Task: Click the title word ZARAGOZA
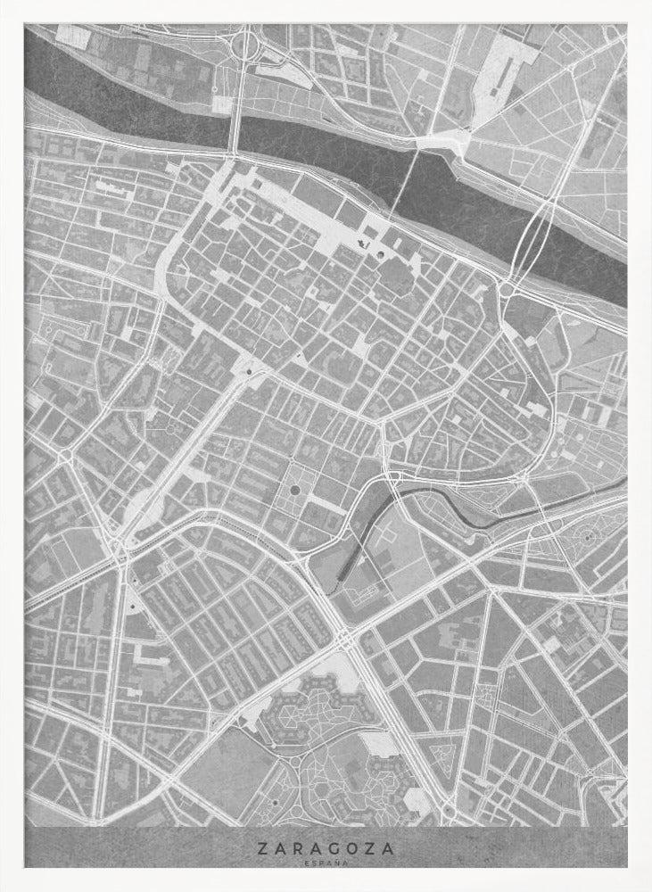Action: pos(326,850)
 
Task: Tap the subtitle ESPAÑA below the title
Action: pos(326,863)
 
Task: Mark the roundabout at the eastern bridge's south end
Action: pos(508,288)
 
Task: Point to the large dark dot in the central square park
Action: pos(295,489)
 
